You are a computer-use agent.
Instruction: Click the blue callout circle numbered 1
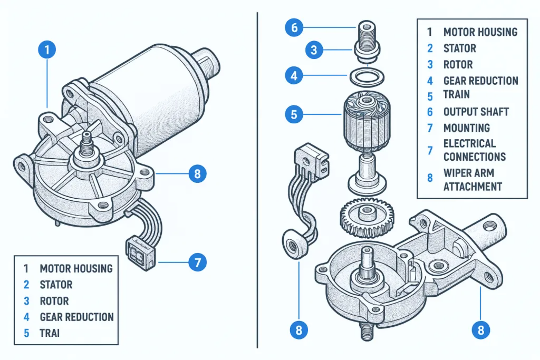[x=47, y=50]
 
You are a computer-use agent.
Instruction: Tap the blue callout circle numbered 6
[x=294, y=27]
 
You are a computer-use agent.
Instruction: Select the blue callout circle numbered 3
[x=314, y=50]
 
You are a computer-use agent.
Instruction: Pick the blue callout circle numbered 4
[x=294, y=76]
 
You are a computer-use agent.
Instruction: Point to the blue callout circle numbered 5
[x=294, y=115]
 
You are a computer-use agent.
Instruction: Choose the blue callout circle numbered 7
[x=197, y=262]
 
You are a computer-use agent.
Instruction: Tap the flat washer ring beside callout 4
[x=367, y=77]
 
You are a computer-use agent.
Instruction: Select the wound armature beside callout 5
[x=367, y=121]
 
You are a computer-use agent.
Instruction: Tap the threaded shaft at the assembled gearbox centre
[x=86, y=144]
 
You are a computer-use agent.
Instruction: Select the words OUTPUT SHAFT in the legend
[x=476, y=112]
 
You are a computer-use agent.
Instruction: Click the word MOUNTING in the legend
[x=467, y=128]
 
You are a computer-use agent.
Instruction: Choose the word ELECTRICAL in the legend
[x=469, y=143]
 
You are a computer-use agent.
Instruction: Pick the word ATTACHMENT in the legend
[x=472, y=187]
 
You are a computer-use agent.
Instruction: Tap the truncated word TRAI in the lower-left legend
[x=50, y=333]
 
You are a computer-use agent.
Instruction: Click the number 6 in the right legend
[x=430, y=112]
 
